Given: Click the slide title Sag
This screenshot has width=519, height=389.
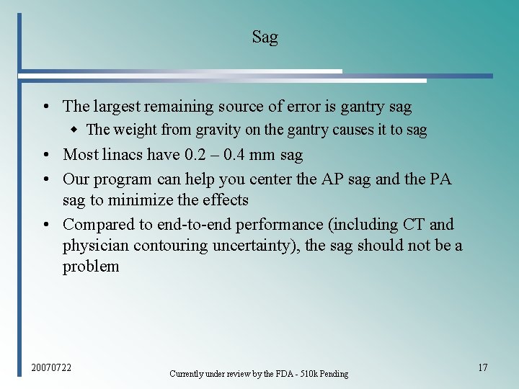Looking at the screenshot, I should [x=265, y=37].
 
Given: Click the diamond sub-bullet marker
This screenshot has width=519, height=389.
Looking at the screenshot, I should [x=74, y=130].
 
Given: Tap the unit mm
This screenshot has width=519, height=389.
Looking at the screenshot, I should [x=257, y=155].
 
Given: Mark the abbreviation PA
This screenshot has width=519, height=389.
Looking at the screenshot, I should [x=440, y=179].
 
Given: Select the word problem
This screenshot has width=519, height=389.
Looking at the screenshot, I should [x=91, y=267].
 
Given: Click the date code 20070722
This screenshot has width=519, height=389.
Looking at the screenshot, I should [x=51, y=368].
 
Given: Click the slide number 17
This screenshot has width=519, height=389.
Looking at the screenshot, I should [x=482, y=368].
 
